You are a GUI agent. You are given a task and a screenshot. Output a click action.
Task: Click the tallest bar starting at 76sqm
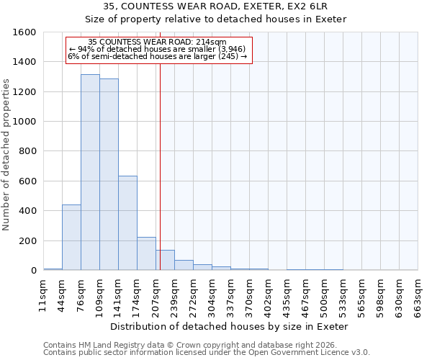pyautogui.click(x=90, y=172)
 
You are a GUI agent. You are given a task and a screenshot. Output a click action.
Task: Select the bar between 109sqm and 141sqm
pyautogui.click(x=109, y=174)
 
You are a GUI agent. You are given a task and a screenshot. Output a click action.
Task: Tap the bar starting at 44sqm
pyautogui.click(x=71, y=238)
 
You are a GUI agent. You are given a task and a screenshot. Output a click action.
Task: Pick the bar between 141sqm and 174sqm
pyautogui.click(x=127, y=223)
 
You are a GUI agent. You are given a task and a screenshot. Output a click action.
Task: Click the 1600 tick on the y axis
pyautogui.click(x=25, y=32)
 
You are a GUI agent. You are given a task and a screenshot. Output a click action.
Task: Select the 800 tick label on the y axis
pyautogui.click(x=28, y=152)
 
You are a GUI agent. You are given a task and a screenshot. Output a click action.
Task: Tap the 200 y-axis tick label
pyautogui.click(x=28, y=241)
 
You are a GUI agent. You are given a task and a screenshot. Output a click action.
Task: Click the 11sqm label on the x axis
pyautogui.click(x=43, y=296)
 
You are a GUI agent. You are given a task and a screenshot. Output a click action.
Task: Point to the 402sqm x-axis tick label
pyautogui.click(x=268, y=296)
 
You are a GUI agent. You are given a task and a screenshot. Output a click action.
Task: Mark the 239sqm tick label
pyautogui.click(x=174, y=296)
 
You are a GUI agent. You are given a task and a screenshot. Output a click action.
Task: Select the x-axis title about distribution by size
pyautogui.click(x=230, y=326)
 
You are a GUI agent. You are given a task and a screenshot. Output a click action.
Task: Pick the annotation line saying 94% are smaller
pyautogui.click(x=158, y=49)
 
